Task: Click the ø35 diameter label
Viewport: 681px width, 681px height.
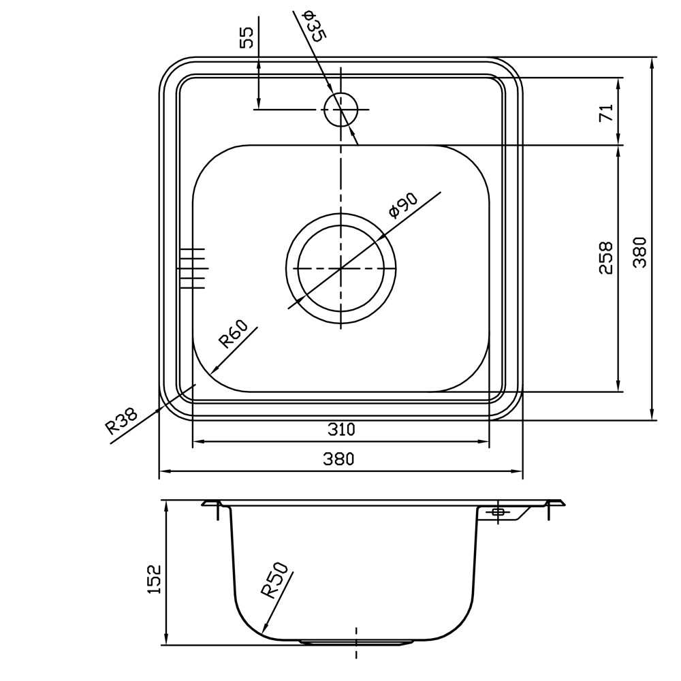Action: click(x=313, y=27)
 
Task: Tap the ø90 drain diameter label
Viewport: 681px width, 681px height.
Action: click(x=403, y=206)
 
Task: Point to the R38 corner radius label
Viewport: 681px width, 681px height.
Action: click(x=121, y=420)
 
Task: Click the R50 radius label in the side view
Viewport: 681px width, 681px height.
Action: click(x=275, y=580)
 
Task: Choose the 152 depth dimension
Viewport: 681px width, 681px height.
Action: click(x=154, y=579)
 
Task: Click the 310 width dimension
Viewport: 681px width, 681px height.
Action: click(x=341, y=430)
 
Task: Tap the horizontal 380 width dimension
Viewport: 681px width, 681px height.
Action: click(x=338, y=458)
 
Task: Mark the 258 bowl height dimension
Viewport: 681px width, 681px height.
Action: click(x=605, y=258)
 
